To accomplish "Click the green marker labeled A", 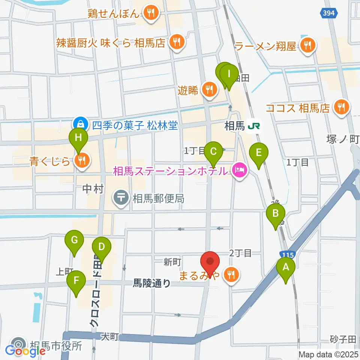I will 286,268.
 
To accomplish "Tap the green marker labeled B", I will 275,214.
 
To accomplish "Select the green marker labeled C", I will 213,152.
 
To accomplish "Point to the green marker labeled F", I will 76,280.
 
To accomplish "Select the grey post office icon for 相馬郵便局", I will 121,198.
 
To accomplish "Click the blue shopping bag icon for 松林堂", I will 80,123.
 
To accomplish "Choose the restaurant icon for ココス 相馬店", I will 341,108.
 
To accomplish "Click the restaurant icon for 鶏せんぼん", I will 151,13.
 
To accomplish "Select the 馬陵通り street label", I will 152,284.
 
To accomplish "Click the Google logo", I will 25,351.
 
